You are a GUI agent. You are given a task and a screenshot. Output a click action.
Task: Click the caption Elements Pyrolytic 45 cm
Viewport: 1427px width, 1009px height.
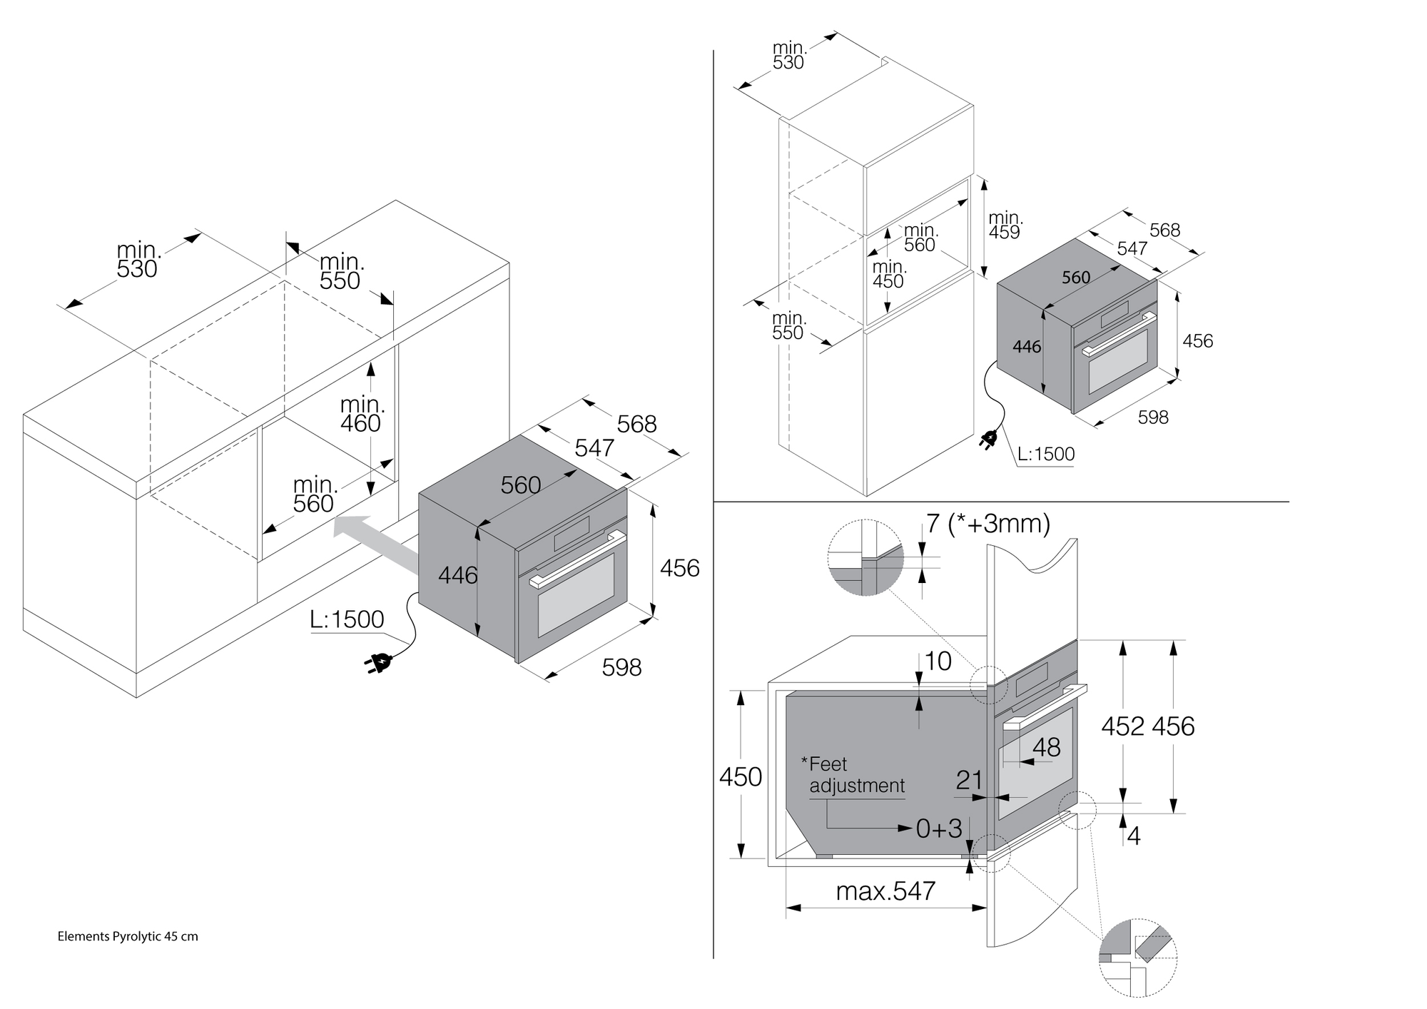128,936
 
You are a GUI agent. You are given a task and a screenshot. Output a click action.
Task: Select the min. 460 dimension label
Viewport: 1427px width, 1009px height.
362,415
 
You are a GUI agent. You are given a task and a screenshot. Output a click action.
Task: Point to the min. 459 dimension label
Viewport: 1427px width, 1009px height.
1005,225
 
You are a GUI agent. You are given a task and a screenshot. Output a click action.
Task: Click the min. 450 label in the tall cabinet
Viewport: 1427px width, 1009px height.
888,274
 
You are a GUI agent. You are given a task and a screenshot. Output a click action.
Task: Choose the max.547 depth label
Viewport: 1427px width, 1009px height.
885,891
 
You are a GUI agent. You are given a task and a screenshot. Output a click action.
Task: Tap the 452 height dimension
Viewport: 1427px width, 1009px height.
1122,726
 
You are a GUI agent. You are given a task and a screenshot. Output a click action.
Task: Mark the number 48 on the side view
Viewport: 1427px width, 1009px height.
1046,747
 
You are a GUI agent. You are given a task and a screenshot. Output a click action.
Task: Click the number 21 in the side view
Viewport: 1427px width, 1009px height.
969,781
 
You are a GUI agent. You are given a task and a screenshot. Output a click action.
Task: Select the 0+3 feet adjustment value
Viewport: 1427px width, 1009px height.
939,828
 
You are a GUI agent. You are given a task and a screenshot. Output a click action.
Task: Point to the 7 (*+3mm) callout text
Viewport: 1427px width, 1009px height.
988,524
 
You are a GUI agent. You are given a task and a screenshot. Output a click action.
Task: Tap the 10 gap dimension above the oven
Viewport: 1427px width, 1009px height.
938,661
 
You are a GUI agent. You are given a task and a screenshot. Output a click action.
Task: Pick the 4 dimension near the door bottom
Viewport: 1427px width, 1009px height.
1133,836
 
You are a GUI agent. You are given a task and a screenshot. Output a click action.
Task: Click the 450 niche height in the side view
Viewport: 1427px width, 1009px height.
740,776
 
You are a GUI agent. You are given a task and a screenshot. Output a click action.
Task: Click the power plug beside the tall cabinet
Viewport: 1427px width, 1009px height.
989,439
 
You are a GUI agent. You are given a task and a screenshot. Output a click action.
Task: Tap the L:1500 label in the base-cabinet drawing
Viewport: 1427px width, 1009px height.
347,619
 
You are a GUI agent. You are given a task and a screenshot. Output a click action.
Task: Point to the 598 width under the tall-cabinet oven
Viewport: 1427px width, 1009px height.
1153,417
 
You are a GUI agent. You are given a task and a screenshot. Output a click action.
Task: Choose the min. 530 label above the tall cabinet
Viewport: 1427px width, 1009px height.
788,56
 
